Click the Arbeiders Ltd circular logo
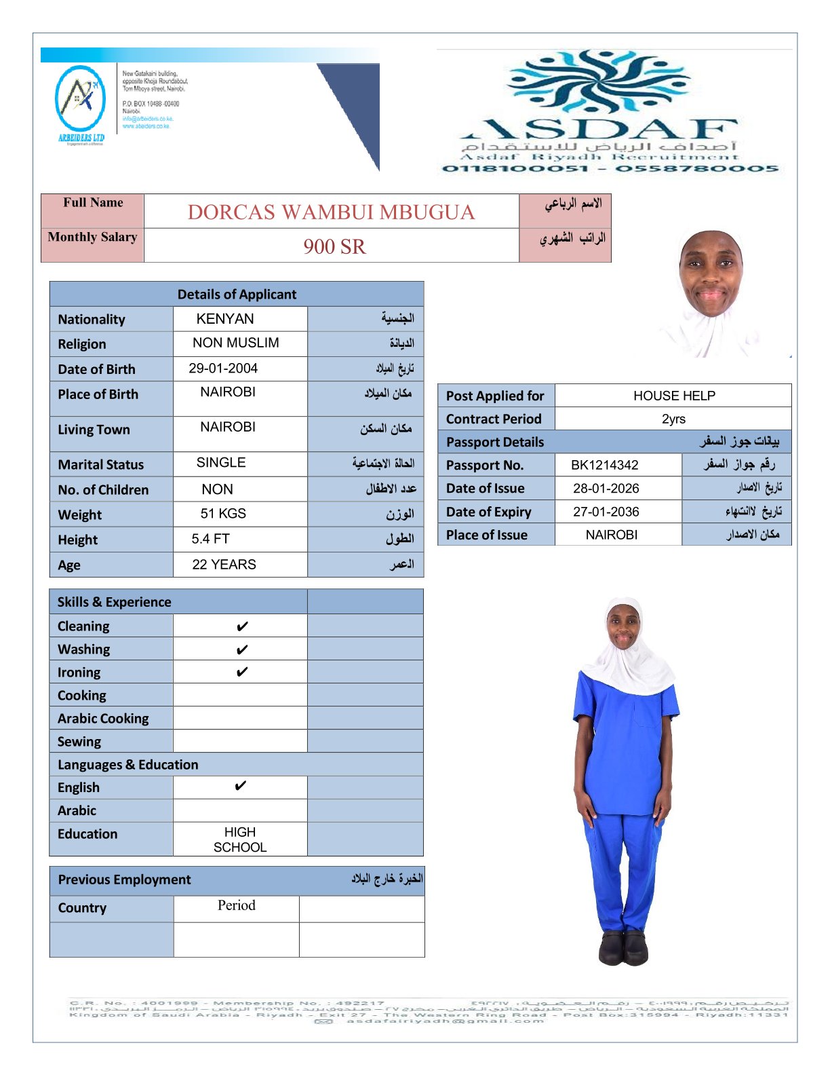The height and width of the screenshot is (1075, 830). pos(80,99)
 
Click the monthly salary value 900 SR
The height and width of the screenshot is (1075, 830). pos(334,246)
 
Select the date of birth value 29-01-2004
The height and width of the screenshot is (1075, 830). pos(223,369)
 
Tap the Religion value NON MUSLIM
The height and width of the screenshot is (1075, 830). pos(235,343)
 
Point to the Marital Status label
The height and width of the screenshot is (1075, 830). pos(101,465)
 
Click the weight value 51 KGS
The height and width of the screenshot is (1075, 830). pos(223,514)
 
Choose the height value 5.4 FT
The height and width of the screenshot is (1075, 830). pos(210,539)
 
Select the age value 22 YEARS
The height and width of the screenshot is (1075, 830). pos(224,565)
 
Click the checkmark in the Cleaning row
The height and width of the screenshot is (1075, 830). pos(241,626)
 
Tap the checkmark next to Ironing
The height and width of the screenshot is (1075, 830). pos(241,673)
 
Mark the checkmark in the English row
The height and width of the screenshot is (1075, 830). pos(240,787)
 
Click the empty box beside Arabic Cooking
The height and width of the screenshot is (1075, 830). pos(240,718)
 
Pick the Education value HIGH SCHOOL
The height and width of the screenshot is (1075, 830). pos(240,840)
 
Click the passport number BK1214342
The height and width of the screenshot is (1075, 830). pos(604,465)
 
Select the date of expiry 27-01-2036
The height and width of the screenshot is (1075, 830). pos(606,512)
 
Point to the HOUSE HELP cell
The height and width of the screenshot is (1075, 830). pos(674,396)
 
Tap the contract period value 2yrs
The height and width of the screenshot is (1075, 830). pos(673,419)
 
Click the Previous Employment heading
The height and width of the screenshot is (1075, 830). pos(125,880)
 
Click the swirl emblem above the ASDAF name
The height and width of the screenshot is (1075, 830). pos(598,83)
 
